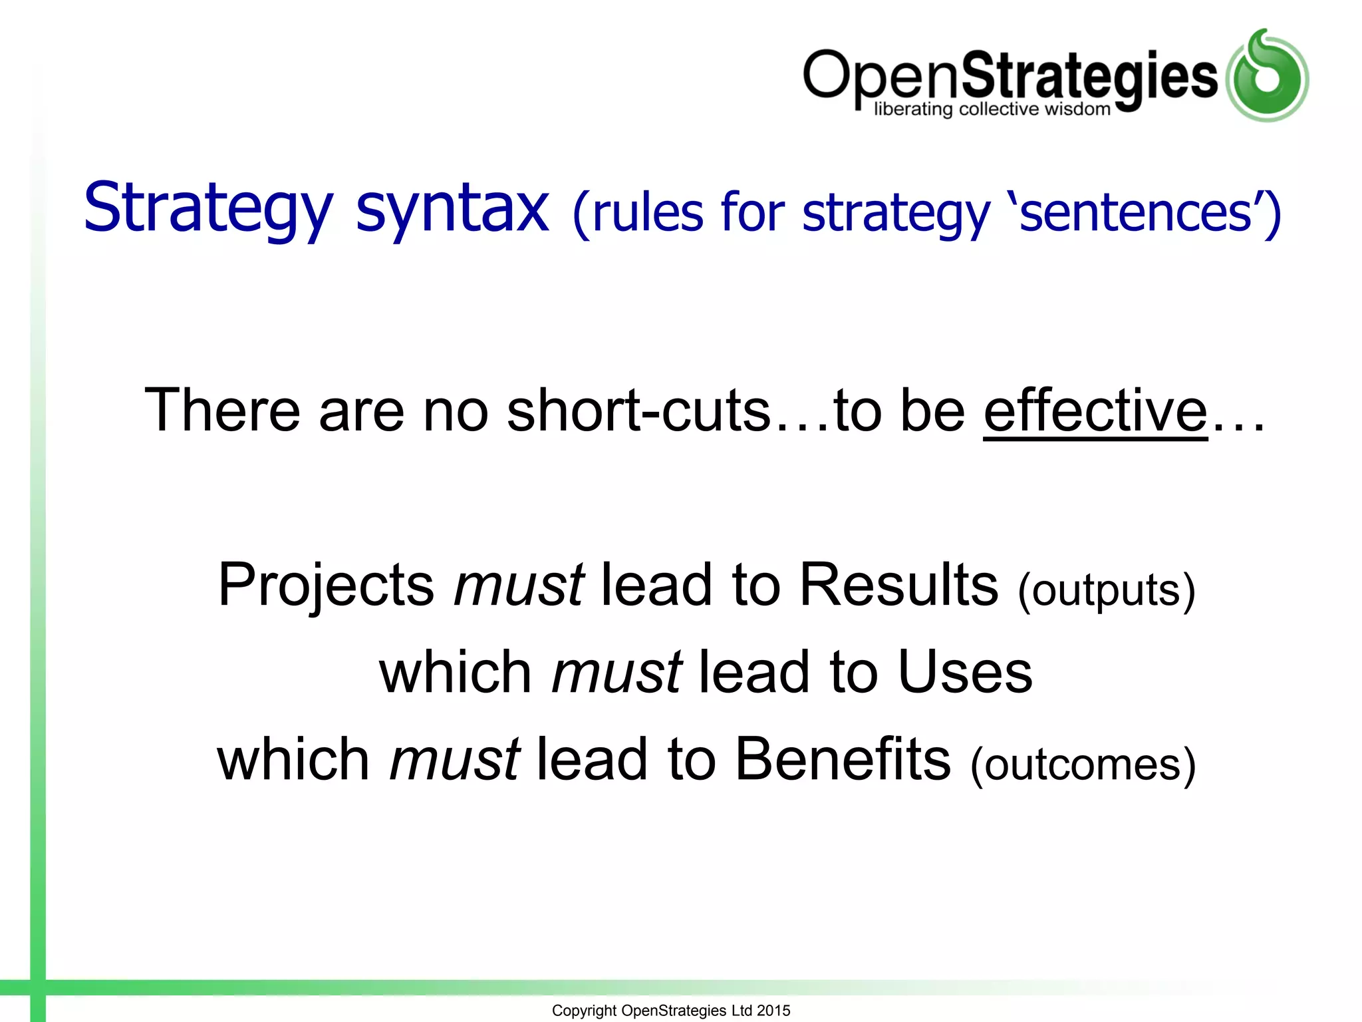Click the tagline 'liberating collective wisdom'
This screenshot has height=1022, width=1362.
992,109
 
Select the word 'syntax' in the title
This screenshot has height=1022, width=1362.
452,209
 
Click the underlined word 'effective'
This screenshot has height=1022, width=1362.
1095,411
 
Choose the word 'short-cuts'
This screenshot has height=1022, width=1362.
638,411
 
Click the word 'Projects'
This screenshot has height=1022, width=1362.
326,586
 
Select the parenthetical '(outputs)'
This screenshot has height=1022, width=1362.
1106,590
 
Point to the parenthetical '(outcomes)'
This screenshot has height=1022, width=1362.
1083,765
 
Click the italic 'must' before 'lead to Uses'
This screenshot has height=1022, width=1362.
616,672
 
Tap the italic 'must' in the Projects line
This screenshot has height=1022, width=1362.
518,586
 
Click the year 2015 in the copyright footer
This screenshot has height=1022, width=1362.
773,1011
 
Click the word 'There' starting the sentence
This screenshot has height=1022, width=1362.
222,411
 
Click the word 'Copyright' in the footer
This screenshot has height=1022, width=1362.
584,1011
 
